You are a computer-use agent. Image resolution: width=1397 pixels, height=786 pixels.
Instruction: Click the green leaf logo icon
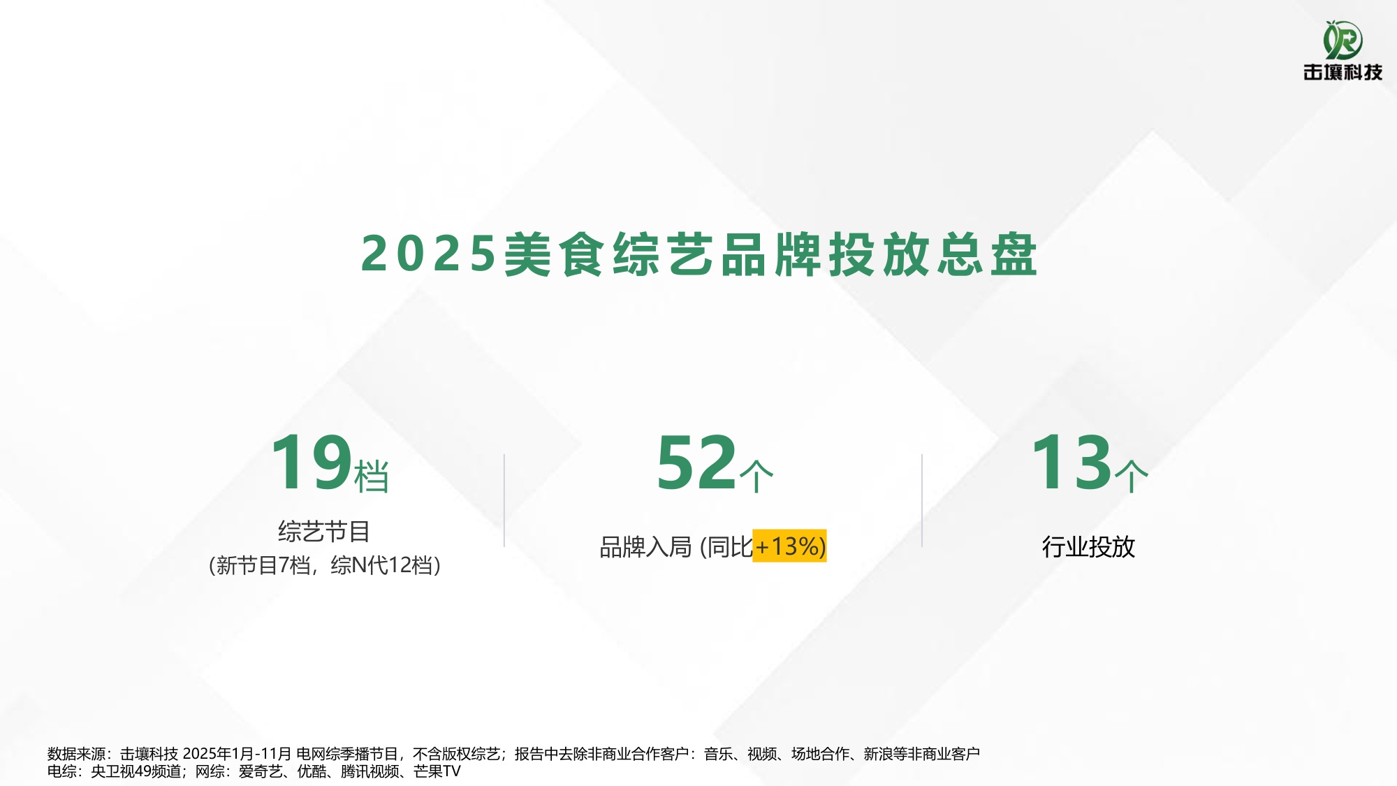tap(1343, 40)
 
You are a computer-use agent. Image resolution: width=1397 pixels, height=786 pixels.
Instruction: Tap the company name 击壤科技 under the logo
tap(1343, 72)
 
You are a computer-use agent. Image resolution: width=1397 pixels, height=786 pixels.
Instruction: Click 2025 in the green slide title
tap(428, 254)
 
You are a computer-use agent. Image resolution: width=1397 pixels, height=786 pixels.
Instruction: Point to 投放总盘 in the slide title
tap(932, 254)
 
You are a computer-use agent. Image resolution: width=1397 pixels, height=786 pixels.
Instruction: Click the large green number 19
tap(311, 463)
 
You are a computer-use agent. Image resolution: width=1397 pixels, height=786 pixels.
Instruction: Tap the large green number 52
tap(696, 463)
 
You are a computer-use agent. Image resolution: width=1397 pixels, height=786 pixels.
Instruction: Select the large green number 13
tap(1071, 463)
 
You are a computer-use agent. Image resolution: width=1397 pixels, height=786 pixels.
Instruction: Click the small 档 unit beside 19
tap(372, 476)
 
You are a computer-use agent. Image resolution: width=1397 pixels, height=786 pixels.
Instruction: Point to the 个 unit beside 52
tap(756, 476)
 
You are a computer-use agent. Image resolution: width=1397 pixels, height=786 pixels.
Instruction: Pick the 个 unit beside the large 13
tap(1132, 476)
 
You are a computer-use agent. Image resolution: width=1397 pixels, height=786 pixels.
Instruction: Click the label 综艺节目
tap(324, 532)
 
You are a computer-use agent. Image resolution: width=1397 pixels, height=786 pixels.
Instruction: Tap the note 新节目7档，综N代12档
tap(325, 565)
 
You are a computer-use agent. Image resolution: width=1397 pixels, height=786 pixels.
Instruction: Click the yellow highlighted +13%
tap(789, 546)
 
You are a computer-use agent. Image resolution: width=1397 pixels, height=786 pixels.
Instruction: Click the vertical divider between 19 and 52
tap(504, 500)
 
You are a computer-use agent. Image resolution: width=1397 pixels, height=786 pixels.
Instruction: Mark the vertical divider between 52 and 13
tap(922, 500)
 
